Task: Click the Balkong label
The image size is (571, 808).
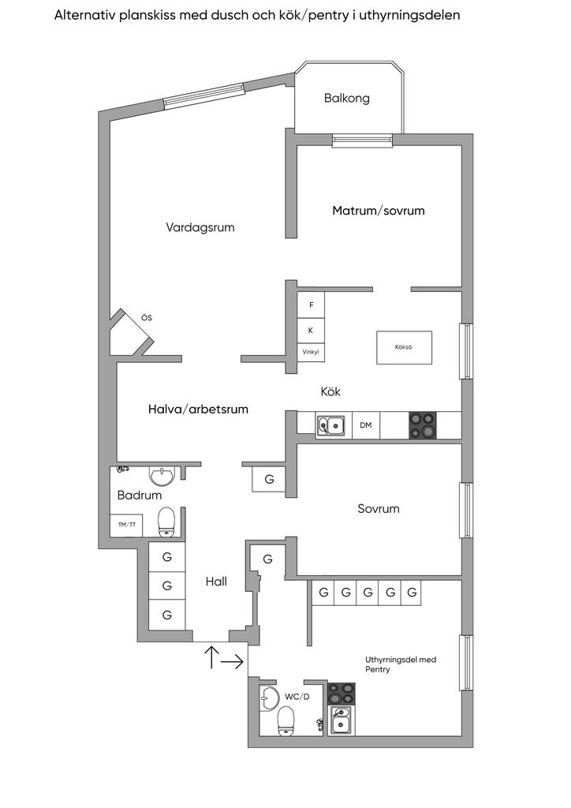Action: click(346, 99)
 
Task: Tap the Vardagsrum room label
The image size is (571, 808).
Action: click(200, 227)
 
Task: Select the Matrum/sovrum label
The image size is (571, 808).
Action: click(379, 211)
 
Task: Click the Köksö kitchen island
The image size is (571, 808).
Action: click(404, 347)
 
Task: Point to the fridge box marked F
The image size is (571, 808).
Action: click(311, 305)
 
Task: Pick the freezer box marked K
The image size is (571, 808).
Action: click(311, 330)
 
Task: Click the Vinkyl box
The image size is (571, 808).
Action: click(311, 352)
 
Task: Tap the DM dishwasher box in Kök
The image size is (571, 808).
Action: click(366, 425)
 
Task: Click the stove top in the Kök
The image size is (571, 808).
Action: click(422, 425)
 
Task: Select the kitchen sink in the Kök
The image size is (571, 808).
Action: click(331, 425)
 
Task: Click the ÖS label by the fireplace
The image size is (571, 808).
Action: click(146, 317)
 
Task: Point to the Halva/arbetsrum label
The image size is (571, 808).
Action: click(198, 409)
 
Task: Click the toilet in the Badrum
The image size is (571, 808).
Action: click(166, 520)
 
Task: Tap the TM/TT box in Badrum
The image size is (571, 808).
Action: click(126, 525)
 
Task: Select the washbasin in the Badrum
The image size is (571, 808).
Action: click(162, 477)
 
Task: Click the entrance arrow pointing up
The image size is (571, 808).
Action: click(211, 656)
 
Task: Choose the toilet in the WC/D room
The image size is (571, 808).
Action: click(285, 720)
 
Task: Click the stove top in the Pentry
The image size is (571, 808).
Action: click(341, 694)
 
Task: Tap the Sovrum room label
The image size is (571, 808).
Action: click(379, 509)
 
